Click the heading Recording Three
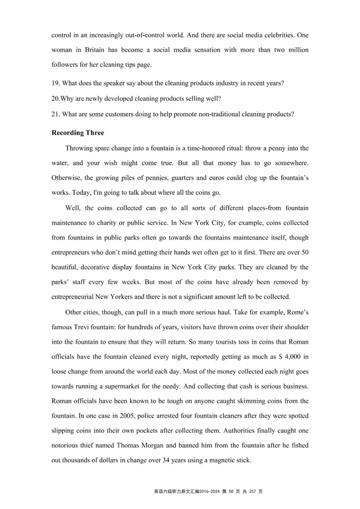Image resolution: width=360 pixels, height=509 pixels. (x=78, y=133)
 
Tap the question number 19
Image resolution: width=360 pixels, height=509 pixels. (x=55, y=83)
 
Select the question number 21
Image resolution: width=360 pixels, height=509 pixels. (x=55, y=114)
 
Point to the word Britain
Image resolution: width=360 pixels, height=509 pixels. (x=96, y=50)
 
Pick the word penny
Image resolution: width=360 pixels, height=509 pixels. (x=272, y=148)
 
